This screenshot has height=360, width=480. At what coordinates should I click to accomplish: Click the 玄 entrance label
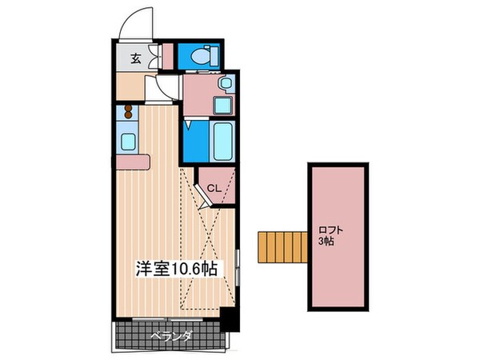135,58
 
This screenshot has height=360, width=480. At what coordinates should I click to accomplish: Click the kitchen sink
128,142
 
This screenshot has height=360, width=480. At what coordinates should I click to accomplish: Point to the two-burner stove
127,114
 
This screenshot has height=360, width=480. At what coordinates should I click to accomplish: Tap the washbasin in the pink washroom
226,82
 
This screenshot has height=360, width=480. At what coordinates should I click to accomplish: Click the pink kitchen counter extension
133,162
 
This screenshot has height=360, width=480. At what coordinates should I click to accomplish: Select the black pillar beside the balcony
230,320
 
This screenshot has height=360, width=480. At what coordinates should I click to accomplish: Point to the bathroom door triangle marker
187,124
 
